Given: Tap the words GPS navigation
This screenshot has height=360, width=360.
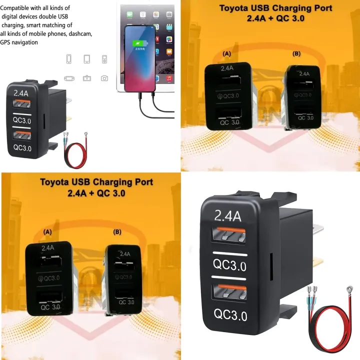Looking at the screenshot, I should (19, 42).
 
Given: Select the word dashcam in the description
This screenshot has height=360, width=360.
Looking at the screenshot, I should (78, 34).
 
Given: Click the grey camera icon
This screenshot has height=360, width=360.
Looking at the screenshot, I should (104, 78).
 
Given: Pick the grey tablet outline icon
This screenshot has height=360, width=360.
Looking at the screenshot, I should (86, 59).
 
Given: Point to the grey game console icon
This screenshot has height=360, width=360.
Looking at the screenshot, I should (69, 78).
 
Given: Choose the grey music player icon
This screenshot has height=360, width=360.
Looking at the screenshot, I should (104, 59).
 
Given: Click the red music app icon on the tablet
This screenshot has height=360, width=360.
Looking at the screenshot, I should (169, 78).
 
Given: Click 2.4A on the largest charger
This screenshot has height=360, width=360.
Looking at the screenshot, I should (228, 216).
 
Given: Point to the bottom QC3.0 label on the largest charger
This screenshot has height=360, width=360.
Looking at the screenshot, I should (230, 315).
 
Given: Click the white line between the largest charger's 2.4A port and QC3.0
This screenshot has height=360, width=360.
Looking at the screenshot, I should (229, 253).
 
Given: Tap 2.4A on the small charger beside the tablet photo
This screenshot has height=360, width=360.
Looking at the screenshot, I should (21, 93).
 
